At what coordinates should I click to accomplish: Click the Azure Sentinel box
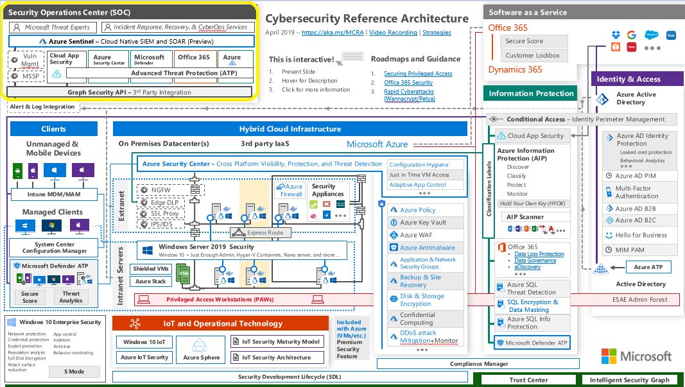pyautogui.click(x=132, y=40)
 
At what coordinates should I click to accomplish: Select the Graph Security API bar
pyautogui.click(x=131, y=92)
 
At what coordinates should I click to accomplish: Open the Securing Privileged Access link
pyautogui.click(x=418, y=74)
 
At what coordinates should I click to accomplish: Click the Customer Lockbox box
pyautogui.click(x=533, y=55)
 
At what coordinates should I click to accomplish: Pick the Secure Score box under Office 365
pyautogui.click(x=533, y=41)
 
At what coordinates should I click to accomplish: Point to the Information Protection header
pyautogui.click(x=531, y=94)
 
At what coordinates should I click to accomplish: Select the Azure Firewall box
pyautogui.click(x=291, y=190)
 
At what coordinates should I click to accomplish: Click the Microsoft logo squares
pyautogui.click(x=609, y=356)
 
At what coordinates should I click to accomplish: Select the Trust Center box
pyautogui.click(x=528, y=380)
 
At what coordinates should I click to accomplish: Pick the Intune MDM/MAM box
pyautogui.click(x=54, y=194)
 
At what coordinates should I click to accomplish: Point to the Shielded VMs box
pyautogui.click(x=152, y=269)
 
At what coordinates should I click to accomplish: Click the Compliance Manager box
pyautogui.click(x=478, y=364)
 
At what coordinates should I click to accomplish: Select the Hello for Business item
pyautogui.click(x=640, y=235)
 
